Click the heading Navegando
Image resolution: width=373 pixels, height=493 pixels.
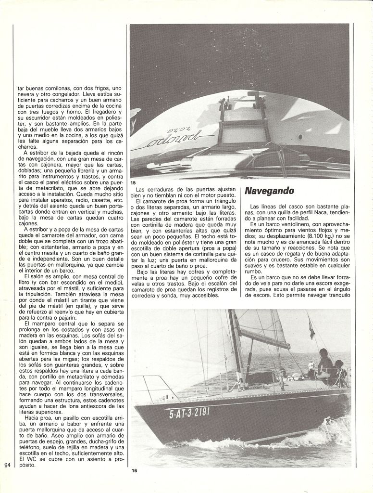point(269,191)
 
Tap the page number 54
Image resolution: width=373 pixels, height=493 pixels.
point(7,465)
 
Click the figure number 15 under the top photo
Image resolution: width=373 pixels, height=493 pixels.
point(133,182)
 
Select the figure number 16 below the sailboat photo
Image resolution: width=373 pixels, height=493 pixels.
point(134,471)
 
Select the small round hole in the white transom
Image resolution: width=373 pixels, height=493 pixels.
point(300,137)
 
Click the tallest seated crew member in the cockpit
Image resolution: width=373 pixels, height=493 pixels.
point(324,363)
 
